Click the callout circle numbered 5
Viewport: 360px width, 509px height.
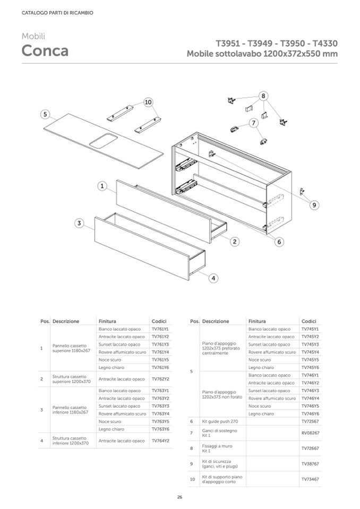[46, 114]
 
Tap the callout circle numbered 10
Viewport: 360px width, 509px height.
[148, 101]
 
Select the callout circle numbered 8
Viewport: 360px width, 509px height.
[263, 96]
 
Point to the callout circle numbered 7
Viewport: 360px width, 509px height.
[254, 123]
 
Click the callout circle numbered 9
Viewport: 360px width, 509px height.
[314, 204]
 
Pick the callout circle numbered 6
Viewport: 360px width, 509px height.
[279, 241]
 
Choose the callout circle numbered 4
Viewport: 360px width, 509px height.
[213, 277]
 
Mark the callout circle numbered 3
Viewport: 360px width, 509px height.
[79, 223]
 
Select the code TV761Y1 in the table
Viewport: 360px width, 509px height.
[160, 329]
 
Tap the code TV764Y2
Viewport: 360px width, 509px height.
[160, 441]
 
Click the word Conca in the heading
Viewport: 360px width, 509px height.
[45, 51]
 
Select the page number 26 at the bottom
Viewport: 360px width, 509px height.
[179, 497]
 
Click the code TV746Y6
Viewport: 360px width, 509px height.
[310, 413]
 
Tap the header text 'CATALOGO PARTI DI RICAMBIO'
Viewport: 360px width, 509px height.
[50, 13]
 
